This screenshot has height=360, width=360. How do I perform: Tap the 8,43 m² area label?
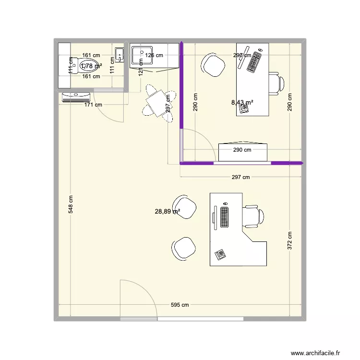[242, 102]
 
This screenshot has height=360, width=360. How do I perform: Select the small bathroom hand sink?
[120, 55]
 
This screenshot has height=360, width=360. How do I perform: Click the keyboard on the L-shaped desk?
[224, 216]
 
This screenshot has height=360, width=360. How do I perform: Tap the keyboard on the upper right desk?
[255, 60]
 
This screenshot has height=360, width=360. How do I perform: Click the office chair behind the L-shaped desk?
[252, 216]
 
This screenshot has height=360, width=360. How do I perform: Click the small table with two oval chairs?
[156, 101]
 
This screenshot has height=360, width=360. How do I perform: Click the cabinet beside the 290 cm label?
[242, 152]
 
